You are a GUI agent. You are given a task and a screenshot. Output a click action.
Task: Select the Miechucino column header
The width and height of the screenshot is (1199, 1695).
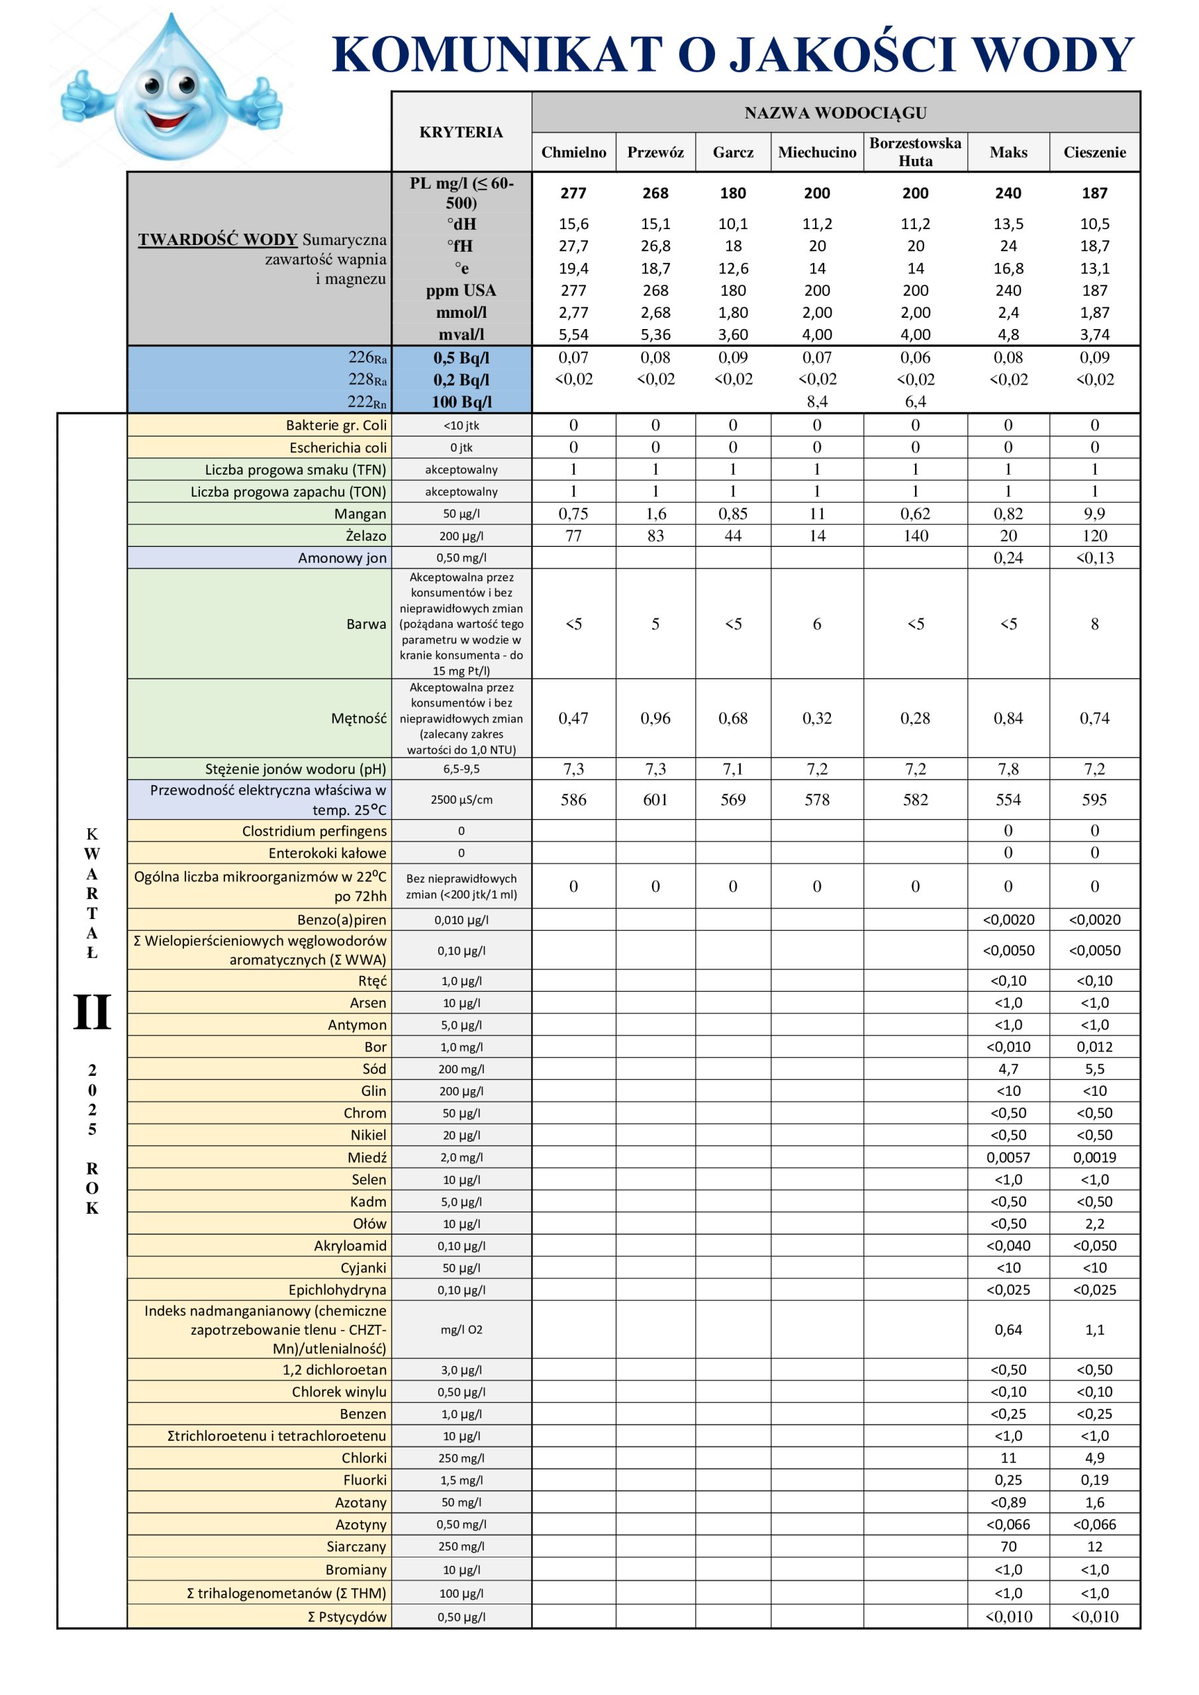816,153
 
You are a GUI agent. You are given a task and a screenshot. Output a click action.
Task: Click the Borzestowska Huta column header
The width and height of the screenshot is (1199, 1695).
915,152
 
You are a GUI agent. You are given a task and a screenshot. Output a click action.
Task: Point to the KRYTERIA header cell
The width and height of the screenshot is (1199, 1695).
461,132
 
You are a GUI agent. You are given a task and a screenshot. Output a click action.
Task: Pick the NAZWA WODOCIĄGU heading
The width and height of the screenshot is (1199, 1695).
835,113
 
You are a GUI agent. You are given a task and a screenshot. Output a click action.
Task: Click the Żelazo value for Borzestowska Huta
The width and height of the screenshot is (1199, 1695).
915,536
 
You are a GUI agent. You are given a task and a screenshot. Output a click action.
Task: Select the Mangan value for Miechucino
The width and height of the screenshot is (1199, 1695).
816,514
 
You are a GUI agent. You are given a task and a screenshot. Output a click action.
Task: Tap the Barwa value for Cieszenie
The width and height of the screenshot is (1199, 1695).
1094,624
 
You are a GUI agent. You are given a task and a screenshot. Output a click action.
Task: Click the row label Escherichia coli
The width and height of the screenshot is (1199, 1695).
338,448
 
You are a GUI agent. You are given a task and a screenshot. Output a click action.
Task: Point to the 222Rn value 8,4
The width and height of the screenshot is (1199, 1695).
816,402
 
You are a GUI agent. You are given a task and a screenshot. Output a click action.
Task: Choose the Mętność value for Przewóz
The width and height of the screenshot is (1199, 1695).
655,718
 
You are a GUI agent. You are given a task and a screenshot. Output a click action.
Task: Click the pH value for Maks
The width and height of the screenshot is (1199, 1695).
1008,769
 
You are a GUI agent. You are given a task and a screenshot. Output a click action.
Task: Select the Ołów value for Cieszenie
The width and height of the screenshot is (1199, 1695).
1094,1224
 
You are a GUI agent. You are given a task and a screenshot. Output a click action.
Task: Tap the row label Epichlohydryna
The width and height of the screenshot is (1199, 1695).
337,1290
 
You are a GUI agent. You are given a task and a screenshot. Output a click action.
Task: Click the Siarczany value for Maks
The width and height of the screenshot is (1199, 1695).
1008,1547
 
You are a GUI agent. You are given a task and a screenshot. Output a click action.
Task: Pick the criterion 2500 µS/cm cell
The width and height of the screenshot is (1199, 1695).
461,800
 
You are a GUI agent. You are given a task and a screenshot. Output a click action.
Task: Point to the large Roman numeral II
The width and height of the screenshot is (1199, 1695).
91,1012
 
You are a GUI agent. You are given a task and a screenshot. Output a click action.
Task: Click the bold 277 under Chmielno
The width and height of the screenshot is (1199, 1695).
573,193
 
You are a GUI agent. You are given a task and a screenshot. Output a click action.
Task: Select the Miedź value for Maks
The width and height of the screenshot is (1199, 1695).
1008,1157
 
